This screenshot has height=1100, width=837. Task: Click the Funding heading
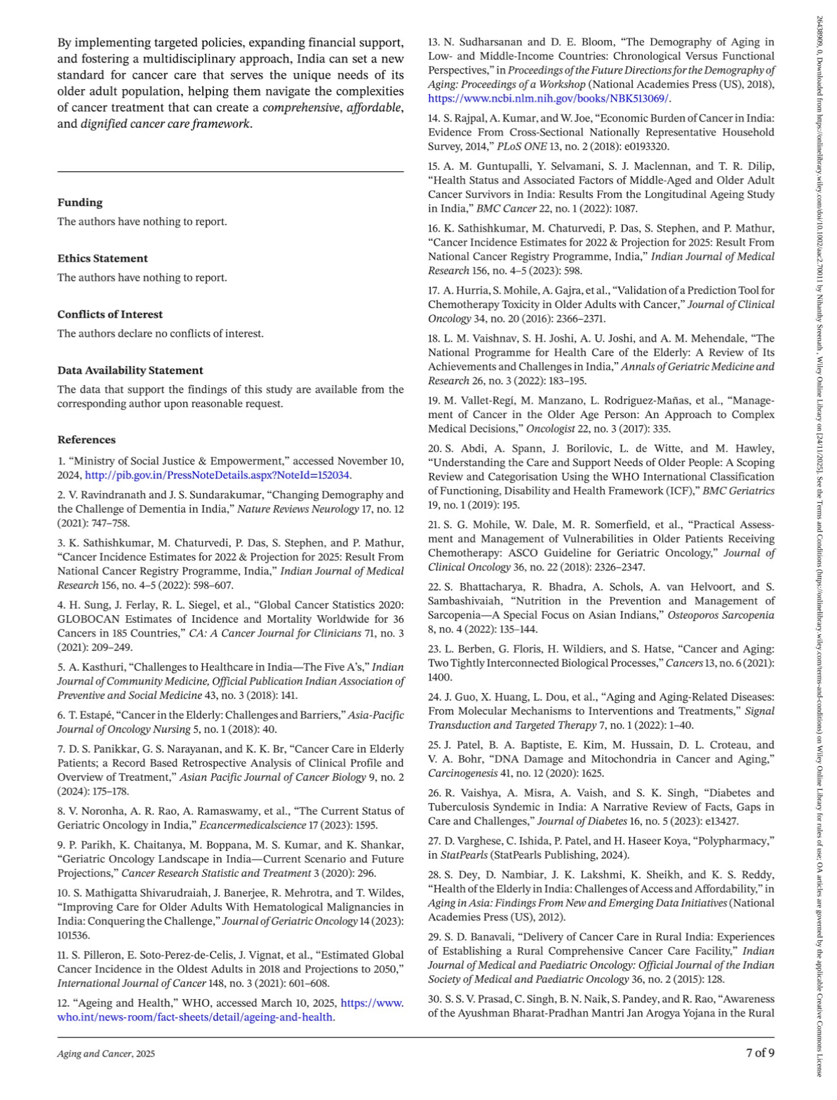point(80,203)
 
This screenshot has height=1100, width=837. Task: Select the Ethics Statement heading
point(102,259)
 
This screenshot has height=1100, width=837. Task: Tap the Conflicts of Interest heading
point(109,315)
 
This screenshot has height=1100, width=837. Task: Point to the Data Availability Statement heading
point(130,370)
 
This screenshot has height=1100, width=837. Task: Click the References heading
point(86,440)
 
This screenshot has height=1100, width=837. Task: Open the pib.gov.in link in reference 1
point(217,476)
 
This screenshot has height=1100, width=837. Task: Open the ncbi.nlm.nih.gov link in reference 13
point(548,99)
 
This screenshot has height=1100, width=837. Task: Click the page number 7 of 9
point(760,1052)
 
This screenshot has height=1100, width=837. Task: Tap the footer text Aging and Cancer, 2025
point(106,1054)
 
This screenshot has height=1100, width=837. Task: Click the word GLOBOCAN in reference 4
point(88,619)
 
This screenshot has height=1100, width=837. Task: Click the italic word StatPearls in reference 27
point(464,855)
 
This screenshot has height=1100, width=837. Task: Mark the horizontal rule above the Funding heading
point(230,172)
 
